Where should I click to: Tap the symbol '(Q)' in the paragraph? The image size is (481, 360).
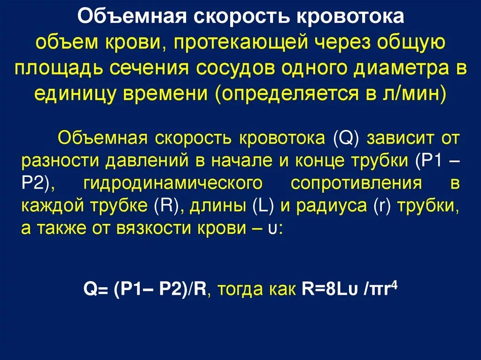[346, 139]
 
